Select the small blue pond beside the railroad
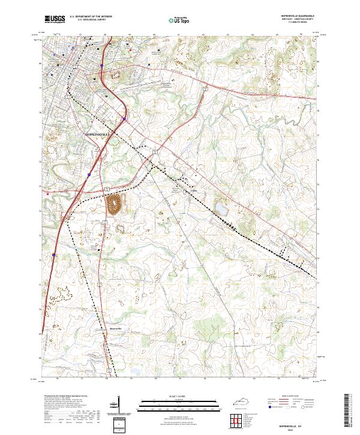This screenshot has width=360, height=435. click(221, 210)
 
